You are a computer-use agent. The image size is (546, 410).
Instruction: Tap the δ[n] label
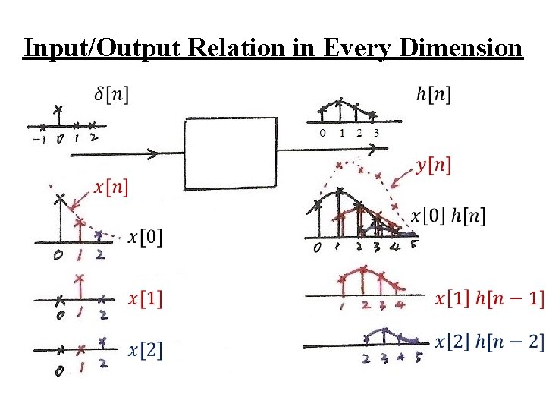pyautogui.click(x=111, y=94)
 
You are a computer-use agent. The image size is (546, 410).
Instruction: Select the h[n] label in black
pyautogui.click(x=434, y=94)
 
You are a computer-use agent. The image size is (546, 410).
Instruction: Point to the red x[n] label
pyautogui.click(x=111, y=186)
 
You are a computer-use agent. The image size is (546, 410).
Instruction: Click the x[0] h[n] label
pyautogui.click(x=449, y=216)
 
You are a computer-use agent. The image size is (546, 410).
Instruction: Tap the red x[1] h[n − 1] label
pyautogui.click(x=489, y=299)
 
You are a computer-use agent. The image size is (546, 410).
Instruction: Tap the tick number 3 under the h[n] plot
pyautogui.click(x=377, y=134)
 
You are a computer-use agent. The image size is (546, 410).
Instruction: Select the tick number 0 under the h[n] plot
pyautogui.click(x=323, y=134)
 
